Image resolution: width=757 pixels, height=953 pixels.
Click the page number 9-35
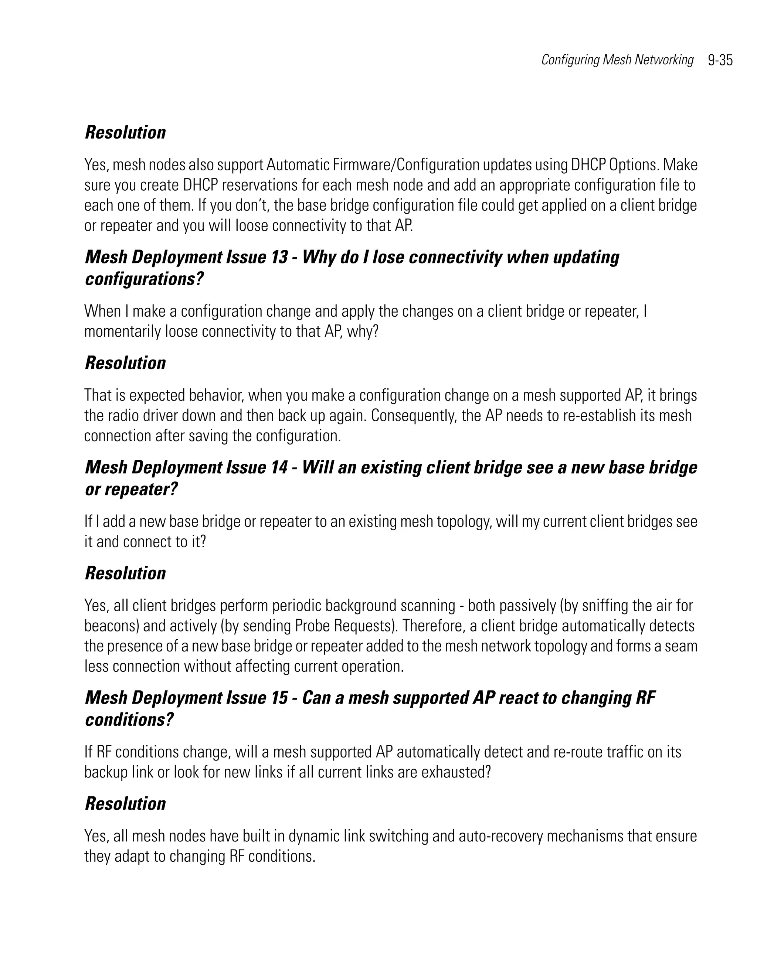pos(720,60)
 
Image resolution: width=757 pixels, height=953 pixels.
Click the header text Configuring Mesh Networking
pos(617,59)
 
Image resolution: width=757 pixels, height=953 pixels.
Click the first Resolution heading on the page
pos(125,133)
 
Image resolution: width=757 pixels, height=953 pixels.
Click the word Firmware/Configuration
pos(406,165)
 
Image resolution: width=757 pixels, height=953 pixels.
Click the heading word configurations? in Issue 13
pos(144,279)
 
